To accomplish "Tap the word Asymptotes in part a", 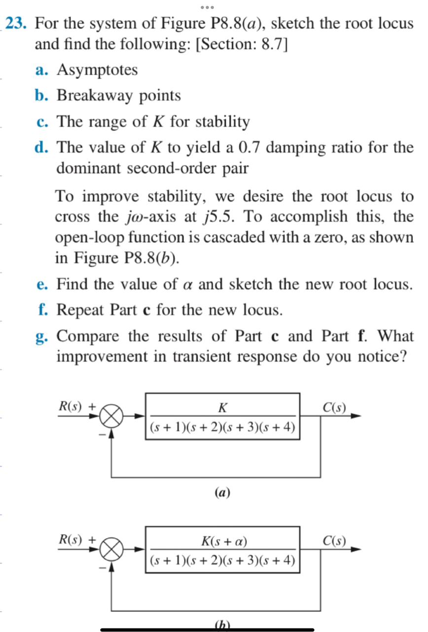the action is (97, 70).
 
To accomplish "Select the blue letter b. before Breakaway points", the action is (41, 95).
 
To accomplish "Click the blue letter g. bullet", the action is (41, 337).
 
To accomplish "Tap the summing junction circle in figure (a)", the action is (112, 418).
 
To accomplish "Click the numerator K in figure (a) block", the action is (222, 407).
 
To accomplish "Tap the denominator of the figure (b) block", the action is (222, 560).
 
